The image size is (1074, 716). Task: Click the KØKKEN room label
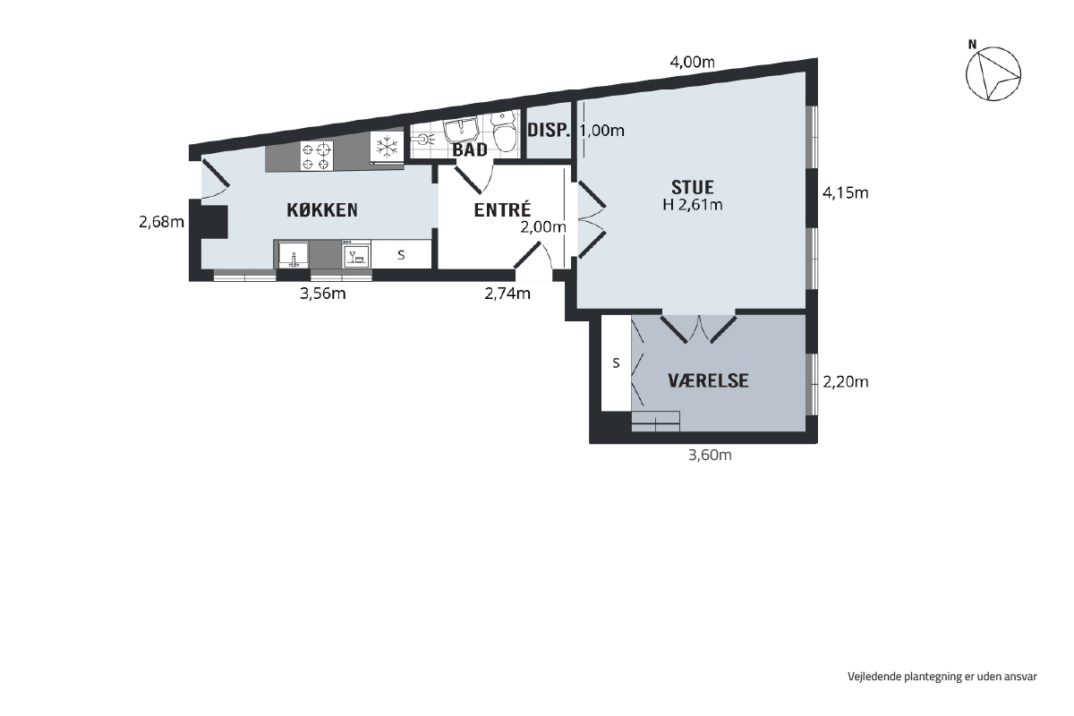pyautogui.click(x=322, y=210)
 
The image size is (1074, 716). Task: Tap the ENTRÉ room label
pyautogui.click(x=502, y=209)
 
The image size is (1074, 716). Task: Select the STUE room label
pyautogui.click(x=693, y=187)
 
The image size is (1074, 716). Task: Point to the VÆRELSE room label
pyautogui.click(x=708, y=380)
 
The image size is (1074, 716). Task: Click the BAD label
pyautogui.click(x=470, y=150)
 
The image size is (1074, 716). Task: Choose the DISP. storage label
pyautogui.click(x=549, y=130)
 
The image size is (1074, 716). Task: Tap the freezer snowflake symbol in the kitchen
pyautogui.click(x=387, y=147)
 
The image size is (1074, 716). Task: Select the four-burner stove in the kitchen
pyautogui.click(x=317, y=156)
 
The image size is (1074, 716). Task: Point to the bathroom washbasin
pyautogui.click(x=461, y=129)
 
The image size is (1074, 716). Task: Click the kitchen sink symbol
pyautogui.click(x=294, y=254)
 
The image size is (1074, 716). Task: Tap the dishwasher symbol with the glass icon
pyautogui.click(x=356, y=255)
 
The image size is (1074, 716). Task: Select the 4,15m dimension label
pyautogui.click(x=845, y=192)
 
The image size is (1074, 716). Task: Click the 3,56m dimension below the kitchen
pyautogui.click(x=323, y=294)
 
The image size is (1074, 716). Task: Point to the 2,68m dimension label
pyautogui.click(x=162, y=222)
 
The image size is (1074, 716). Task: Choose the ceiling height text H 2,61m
pyautogui.click(x=693, y=205)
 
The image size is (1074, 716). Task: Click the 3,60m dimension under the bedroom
pyautogui.click(x=710, y=455)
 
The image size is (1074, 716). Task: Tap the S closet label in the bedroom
pyautogui.click(x=616, y=363)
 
